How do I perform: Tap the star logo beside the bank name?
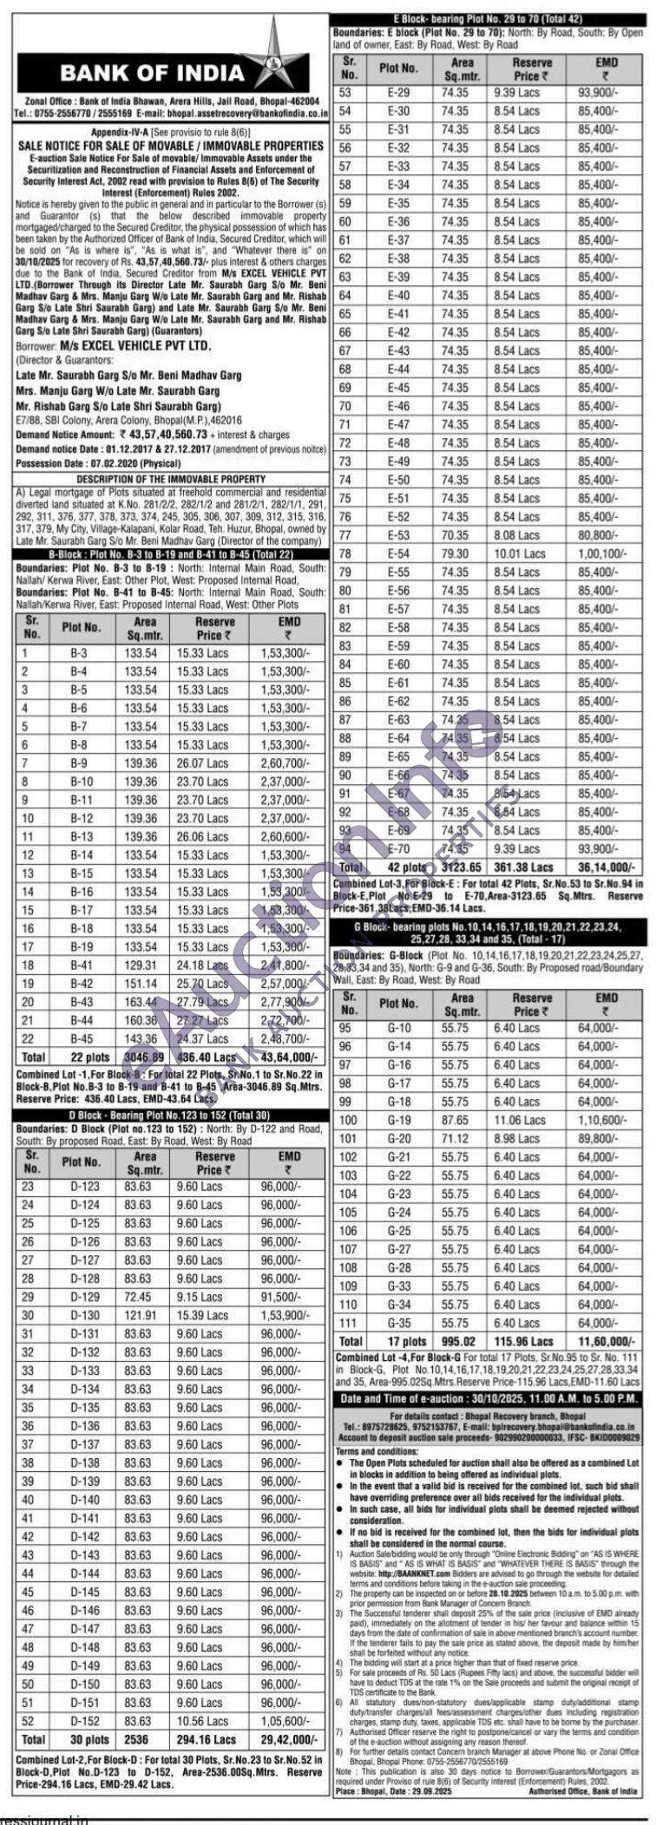click(x=281, y=52)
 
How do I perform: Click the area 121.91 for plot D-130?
click(x=140, y=1315)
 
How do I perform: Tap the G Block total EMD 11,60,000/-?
click(x=599, y=1341)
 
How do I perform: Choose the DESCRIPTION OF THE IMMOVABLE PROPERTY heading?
click(x=169, y=479)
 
